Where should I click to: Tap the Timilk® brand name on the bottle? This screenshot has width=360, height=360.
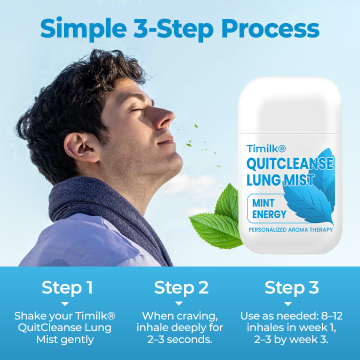(265, 148)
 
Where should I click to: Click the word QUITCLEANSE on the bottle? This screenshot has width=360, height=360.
(289, 163)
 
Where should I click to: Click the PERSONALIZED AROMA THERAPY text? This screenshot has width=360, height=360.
(290, 230)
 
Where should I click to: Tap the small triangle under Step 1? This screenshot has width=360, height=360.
(64, 303)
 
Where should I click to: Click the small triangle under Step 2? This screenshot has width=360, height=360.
(179, 303)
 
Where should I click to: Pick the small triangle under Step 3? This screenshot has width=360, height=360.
(288, 303)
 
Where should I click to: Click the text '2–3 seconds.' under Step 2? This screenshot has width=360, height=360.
(179, 339)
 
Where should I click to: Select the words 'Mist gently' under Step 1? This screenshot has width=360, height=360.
(65, 339)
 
